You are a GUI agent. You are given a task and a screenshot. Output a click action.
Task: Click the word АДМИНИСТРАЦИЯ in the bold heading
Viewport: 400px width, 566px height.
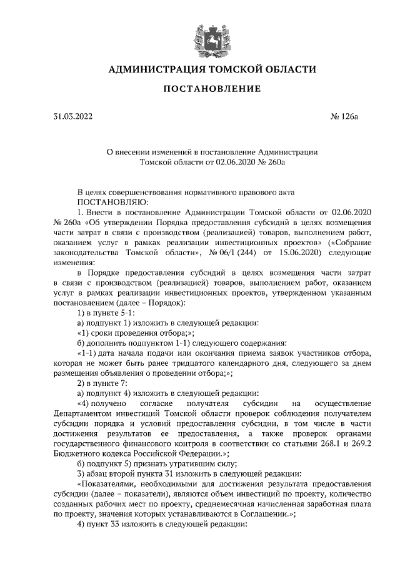pos(158,69)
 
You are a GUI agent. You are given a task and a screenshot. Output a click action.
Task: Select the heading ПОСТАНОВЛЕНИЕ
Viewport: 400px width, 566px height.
pos(212,89)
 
